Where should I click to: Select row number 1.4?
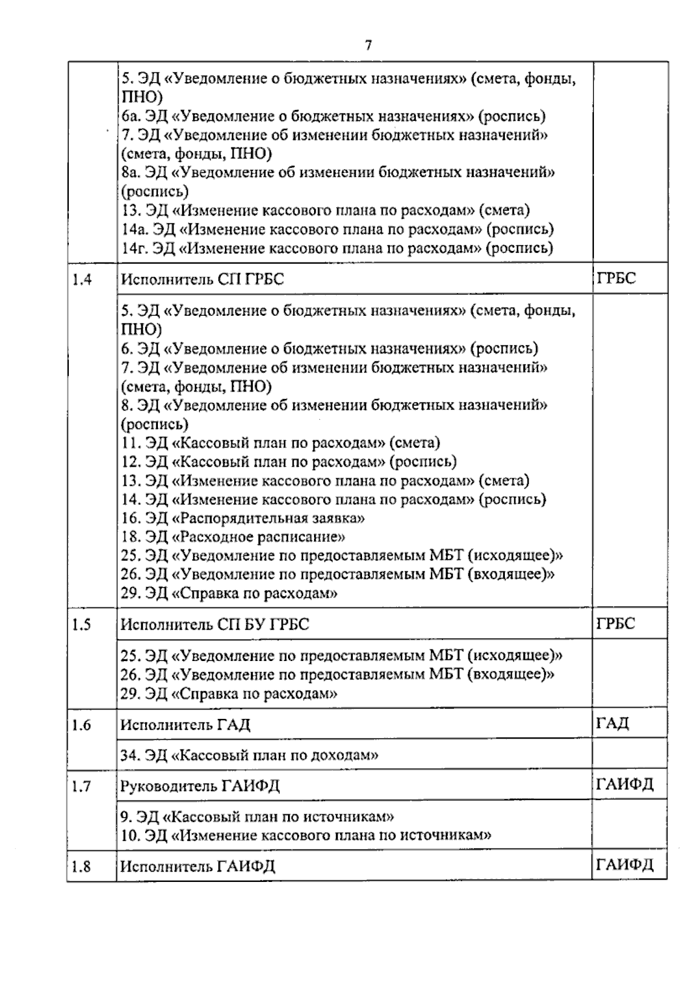pos(82,280)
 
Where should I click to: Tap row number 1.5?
pos(82,625)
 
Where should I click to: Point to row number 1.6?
pos(82,725)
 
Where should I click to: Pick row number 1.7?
pos(82,787)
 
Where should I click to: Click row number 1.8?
pos(82,866)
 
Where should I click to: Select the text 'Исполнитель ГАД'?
pos(185,725)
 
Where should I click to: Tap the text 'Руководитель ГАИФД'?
pos(200,787)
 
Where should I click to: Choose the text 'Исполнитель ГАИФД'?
pos(197,866)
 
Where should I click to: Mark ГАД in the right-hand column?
pos(612,723)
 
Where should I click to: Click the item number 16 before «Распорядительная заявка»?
pos(130,518)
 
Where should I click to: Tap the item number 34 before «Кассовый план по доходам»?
pos(130,755)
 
